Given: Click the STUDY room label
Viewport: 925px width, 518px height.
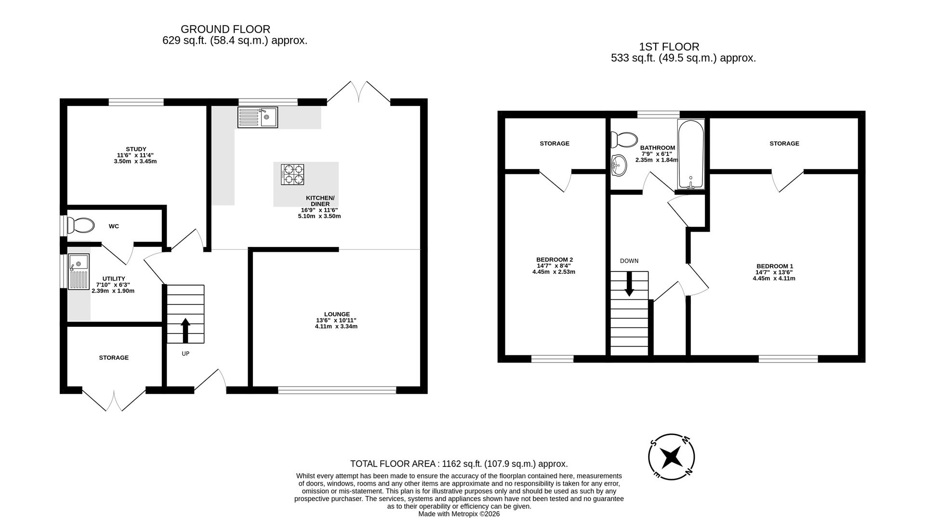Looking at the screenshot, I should click(x=136, y=149).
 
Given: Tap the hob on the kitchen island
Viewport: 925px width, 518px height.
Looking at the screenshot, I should click(x=292, y=174).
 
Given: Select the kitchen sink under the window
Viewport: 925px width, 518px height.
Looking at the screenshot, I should click(x=257, y=117).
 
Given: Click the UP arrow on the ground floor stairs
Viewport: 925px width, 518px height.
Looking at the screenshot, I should click(x=185, y=330).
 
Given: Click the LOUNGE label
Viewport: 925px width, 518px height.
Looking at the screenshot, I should click(x=337, y=314).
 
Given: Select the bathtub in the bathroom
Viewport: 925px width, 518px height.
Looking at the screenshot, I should click(x=691, y=154).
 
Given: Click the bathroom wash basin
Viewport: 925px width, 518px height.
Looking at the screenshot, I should click(x=619, y=166).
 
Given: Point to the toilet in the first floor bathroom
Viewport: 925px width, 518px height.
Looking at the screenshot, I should click(x=623, y=139).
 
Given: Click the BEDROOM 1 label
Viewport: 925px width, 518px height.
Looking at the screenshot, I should click(x=774, y=266).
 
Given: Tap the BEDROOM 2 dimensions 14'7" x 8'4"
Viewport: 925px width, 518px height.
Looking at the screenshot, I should click(x=554, y=266).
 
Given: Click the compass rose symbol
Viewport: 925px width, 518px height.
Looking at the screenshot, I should click(x=671, y=457).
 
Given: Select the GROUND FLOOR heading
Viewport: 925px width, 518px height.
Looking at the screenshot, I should click(x=225, y=29).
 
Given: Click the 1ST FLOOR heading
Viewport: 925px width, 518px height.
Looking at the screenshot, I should click(x=669, y=47).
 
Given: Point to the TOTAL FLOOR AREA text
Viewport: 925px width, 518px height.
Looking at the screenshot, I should click(x=459, y=464).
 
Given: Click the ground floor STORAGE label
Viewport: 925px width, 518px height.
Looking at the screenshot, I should click(x=114, y=358).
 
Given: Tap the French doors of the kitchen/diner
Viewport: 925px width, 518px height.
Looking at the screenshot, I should click(x=359, y=92).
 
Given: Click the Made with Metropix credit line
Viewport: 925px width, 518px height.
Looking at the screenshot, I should click(x=459, y=514).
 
